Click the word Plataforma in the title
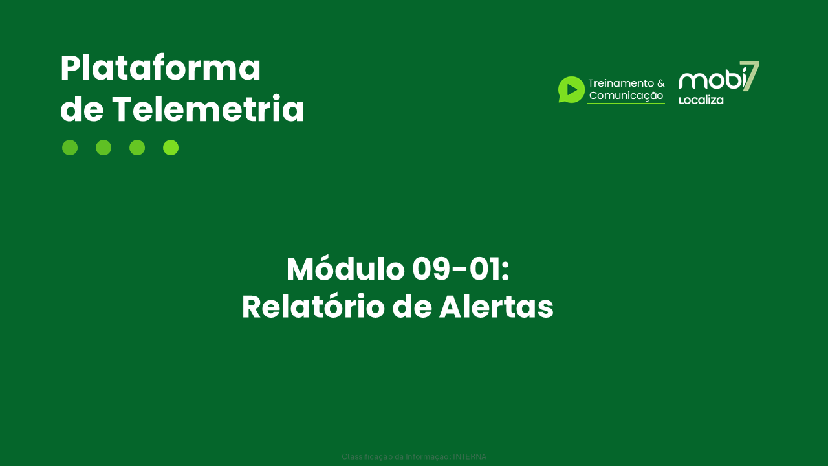160,69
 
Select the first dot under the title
70,148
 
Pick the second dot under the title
103,148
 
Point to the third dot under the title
137,148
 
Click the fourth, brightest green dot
171,148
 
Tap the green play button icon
571,89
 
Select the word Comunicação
626,96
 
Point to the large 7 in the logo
750,75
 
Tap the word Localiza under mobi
701,100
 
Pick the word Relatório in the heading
312,307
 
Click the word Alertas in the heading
496,307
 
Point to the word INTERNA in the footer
470,457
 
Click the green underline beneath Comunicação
626,104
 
